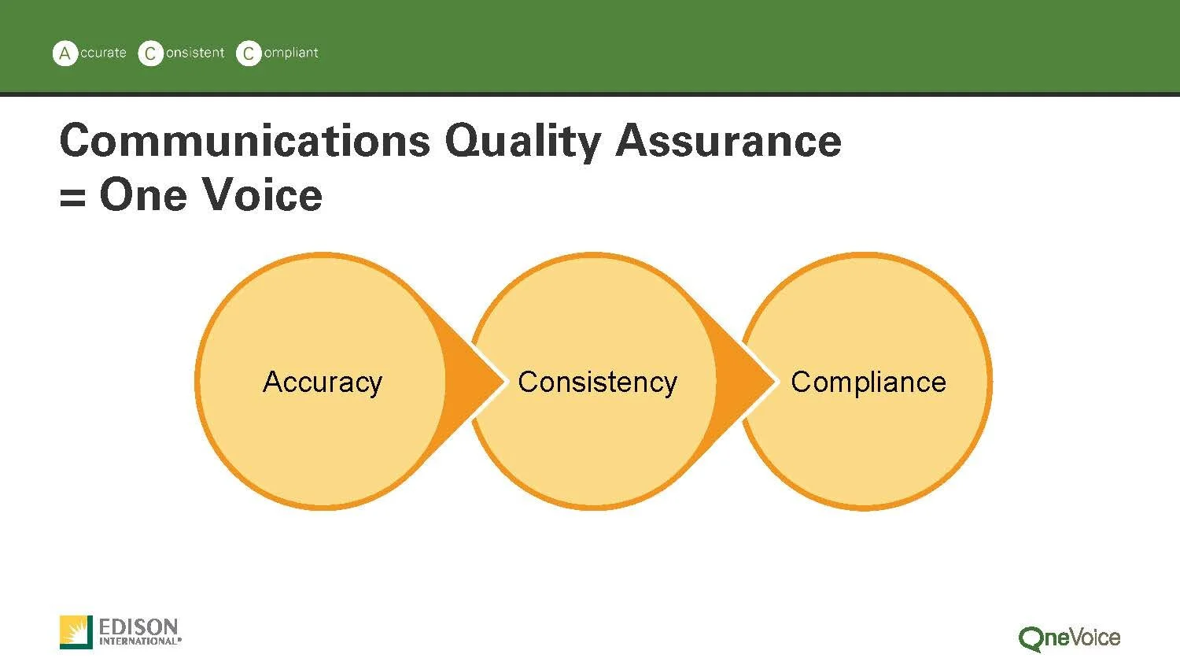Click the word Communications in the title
click(245, 141)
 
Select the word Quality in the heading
click(522, 142)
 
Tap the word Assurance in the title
click(728, 141)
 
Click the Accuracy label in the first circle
click(323, 383)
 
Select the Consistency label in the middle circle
click(597, 383)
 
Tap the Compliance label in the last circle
click(868, 383)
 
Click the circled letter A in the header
click(65, 54)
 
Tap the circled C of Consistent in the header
click(150, 54)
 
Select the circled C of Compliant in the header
click(249, 54)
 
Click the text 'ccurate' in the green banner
click(103, 53)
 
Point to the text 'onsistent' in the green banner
click(195, 53)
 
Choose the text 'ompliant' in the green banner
click(291, 53)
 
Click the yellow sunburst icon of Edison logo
click(76, 632)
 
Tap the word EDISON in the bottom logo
click(138, 627)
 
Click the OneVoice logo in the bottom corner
click(1069, 638)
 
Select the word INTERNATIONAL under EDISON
click(138, 641)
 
